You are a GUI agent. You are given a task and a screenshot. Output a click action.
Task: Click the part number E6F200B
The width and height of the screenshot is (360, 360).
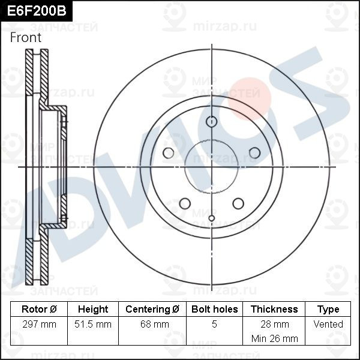[x=37, y=11]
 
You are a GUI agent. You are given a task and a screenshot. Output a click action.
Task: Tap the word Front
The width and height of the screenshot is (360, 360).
[x=26, y=37]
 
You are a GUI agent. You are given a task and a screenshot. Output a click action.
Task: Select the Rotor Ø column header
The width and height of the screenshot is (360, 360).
[x=39, y=309]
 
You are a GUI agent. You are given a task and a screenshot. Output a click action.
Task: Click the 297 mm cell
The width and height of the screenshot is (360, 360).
[x=39, y=324]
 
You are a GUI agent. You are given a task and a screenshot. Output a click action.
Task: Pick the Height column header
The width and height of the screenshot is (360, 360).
[x=93, y=309]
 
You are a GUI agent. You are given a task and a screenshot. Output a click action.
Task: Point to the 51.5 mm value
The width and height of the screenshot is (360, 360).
[x=93, y=324]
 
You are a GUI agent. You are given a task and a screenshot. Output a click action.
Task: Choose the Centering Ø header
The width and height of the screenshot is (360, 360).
[x=152, y=309]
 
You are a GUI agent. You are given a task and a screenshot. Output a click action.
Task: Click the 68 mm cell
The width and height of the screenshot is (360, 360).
[x=155, y=324]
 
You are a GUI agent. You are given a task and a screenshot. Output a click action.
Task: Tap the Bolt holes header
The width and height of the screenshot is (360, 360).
[x=214, y=309]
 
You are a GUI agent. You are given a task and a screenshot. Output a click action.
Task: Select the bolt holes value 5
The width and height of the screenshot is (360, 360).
[x=214, y=324]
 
